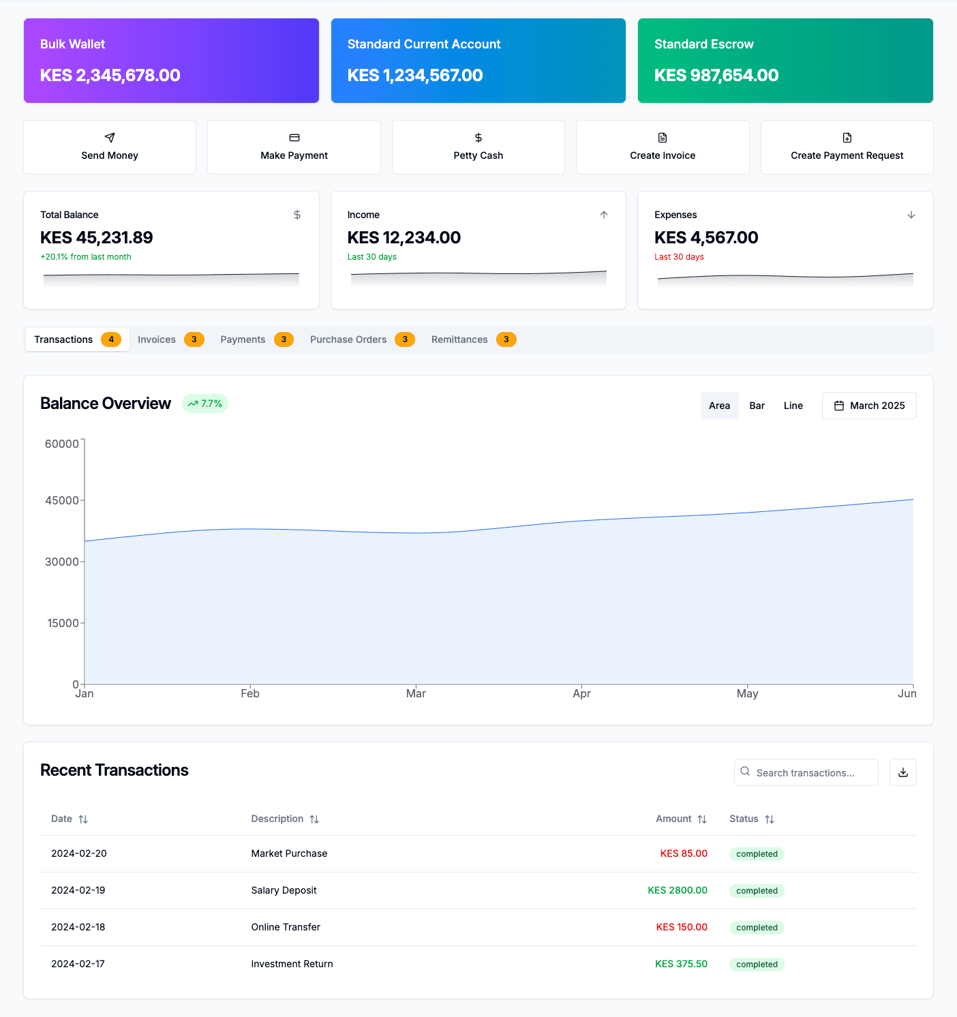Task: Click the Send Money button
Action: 110,147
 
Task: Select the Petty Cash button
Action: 478,147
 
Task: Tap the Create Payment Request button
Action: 847,147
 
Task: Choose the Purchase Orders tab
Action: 361,339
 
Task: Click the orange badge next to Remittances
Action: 506,339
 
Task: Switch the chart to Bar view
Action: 757,406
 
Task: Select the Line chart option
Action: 793,406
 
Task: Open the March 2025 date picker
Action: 869,406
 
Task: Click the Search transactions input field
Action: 806,772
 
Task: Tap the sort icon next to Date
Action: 83,819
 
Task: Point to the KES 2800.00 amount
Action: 677,890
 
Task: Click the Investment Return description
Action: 292,964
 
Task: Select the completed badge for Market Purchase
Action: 757,854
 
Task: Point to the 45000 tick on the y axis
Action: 62,500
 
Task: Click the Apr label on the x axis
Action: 581,693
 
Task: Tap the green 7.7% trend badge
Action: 205,404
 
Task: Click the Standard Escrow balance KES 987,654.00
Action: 716,76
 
